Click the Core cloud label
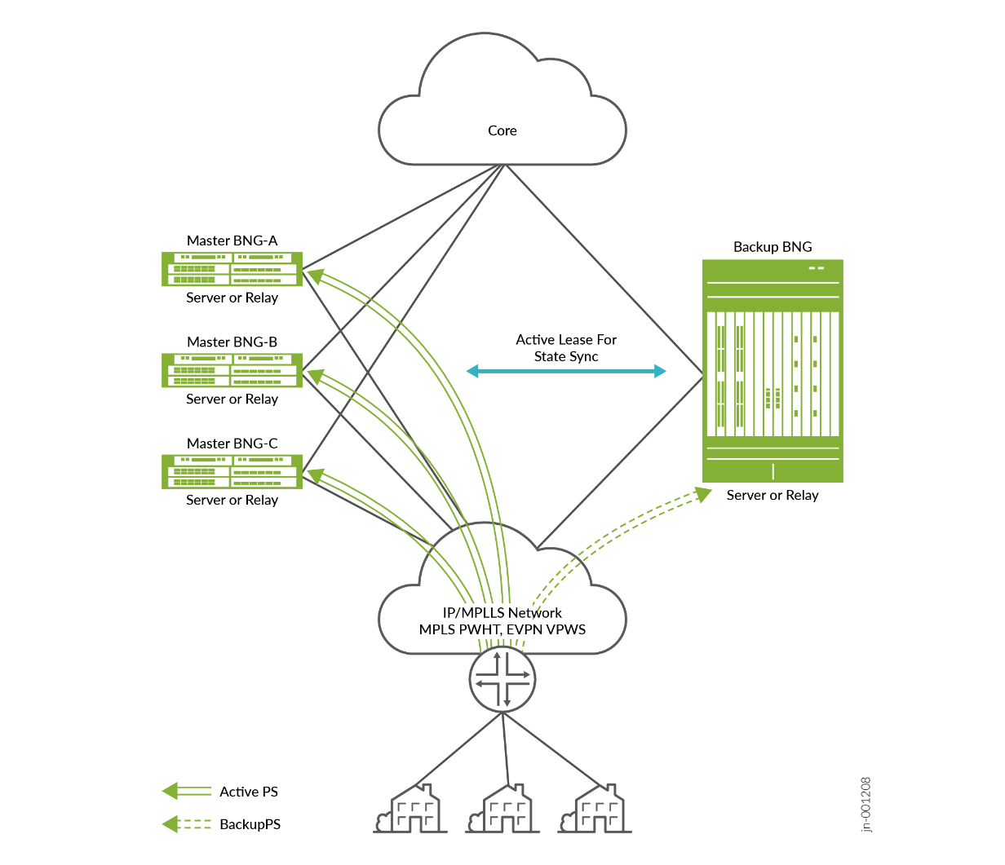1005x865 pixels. point(502,130)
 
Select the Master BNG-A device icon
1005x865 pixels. point(232,269)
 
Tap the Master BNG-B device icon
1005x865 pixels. point(232,370)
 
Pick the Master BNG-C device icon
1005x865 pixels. point(232,472)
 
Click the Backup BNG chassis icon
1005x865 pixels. point(773,371)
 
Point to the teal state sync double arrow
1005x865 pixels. point(566,371)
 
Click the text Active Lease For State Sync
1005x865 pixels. point(566,348)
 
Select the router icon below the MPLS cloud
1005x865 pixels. point(502,679)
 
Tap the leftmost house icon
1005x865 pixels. point(411,810)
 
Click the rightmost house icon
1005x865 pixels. point(595,810)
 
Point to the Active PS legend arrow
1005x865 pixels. point(187,791)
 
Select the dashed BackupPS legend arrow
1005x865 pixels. point(187,824)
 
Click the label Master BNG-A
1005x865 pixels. point(232,241)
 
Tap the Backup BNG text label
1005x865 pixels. point(773,247)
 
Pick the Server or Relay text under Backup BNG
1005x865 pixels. point(773,495)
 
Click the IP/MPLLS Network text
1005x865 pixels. point(502,612)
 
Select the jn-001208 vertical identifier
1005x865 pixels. point(866,805)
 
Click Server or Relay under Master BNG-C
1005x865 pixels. point(232,500)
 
